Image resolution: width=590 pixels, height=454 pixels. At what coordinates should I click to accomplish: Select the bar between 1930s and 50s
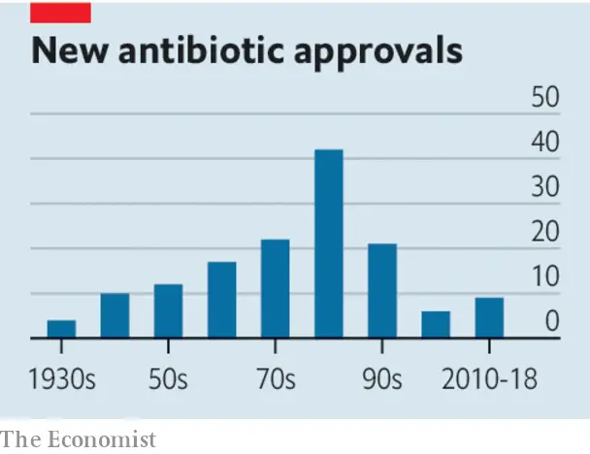(115, 315)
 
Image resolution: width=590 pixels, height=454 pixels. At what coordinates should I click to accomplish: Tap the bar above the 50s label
(168, 311)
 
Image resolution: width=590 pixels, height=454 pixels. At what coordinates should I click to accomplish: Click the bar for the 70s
(276, 289)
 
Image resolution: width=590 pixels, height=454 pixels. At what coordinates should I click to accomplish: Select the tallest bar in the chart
(329, 243)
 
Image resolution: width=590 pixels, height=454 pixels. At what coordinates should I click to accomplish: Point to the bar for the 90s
(382, 291)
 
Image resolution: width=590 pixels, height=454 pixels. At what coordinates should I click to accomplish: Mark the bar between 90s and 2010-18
(436, 325)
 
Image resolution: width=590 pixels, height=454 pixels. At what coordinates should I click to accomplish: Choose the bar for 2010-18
(489, 318)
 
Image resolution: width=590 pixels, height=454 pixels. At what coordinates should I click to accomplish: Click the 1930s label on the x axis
(61, 378)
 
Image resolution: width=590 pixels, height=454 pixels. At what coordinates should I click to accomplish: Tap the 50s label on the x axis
(168, 378)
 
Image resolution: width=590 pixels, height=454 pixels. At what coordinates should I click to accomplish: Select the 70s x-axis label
(276, 378)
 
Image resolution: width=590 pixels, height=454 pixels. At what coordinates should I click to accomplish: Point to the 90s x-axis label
(382, 378)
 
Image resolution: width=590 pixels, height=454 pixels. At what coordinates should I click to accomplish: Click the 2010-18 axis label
(489, 378)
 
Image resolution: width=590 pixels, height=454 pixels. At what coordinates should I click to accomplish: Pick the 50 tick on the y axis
(545, 98)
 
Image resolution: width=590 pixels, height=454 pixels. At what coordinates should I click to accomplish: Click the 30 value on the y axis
(545, 187)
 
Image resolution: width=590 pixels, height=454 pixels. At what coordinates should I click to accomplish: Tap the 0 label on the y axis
(551, 322)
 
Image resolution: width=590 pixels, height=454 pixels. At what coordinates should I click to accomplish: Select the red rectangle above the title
(61, 12)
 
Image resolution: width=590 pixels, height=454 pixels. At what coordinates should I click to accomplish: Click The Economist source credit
(78, 439)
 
